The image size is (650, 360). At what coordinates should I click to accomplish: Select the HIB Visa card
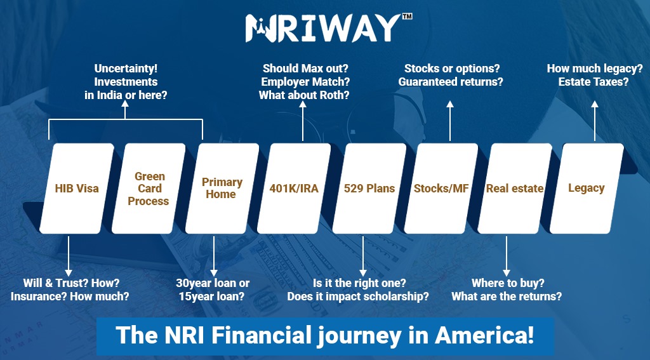(x=76, y=188)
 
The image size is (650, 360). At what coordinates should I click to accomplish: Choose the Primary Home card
(x=222, y=188)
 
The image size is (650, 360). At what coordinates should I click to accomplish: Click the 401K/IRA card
(x=295, y=188)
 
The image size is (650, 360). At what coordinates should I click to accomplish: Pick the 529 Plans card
(x=369, y=188)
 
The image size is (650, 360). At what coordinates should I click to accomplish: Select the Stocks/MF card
(x=441, y=188)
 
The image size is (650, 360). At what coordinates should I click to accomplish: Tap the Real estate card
(x=514, y=188)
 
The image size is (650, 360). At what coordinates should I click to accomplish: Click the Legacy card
(x=586, y=188)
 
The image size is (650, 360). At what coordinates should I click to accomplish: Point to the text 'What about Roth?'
(x=304, y=96)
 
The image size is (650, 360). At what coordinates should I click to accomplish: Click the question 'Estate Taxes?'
(x=594, y=82)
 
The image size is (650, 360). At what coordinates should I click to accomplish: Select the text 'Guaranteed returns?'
(x=451, y=82)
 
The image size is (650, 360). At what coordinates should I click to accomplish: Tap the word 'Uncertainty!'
(x=126, y=68)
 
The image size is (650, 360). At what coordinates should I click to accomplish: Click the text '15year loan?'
(x=213, y=297)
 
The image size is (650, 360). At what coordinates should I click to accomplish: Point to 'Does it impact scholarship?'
(x=358, y=297)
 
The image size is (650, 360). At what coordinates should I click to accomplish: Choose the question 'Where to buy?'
(x=508, y=283)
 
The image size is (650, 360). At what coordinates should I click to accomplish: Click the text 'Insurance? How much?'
(x=70, y=297)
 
